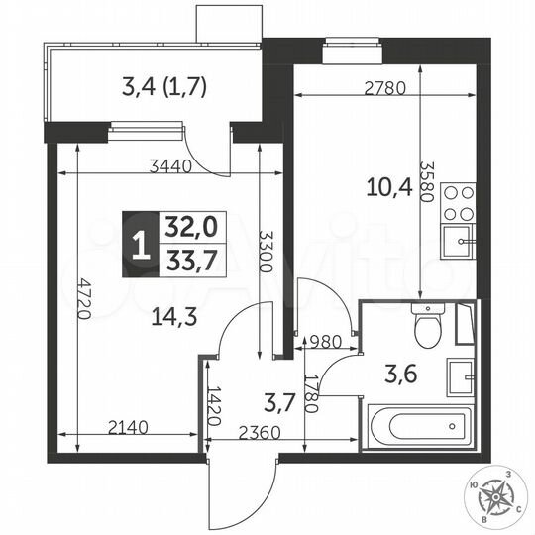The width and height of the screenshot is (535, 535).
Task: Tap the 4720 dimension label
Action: click(x=85, y=295)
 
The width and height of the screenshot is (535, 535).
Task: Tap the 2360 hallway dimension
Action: click(x=261, y=432)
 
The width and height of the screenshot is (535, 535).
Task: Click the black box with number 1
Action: click(x=143, y=245)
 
